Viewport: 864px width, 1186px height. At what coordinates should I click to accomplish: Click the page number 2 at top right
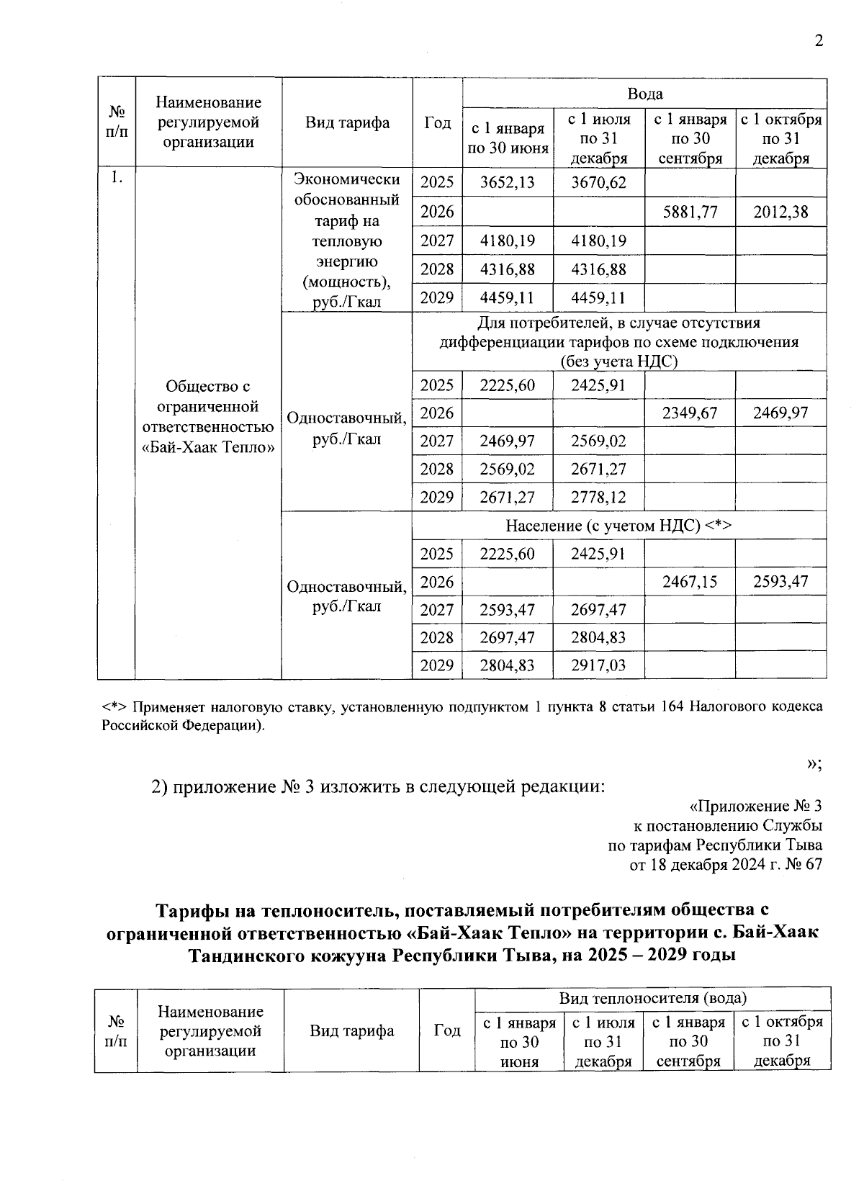point(818,41)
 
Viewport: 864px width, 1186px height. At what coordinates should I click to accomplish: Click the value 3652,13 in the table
point(508,182)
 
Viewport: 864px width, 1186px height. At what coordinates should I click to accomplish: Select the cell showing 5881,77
point(690,212)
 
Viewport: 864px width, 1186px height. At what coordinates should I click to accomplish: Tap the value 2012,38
point(780,212)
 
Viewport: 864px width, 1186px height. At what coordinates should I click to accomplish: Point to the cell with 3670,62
point(598,182)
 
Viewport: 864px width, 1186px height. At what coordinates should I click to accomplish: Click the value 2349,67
point(690,413)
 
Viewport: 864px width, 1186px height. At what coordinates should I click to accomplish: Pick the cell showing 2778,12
point(598,498)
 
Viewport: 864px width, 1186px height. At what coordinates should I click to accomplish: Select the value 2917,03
point(598,665)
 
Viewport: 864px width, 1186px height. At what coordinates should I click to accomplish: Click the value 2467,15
point(690,582)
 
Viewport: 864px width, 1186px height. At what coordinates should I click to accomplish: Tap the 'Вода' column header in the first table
point(644,94)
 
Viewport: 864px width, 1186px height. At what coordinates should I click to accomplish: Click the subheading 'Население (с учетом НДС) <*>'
point(618,526)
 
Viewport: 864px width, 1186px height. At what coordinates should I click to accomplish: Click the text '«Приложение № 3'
point(755,806)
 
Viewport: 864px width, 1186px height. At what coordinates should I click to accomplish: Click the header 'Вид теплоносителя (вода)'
point(652,999)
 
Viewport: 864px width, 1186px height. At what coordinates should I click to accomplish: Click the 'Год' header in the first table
point(437,122)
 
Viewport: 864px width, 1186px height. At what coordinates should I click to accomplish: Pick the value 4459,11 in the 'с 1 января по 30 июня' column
point(508,298)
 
